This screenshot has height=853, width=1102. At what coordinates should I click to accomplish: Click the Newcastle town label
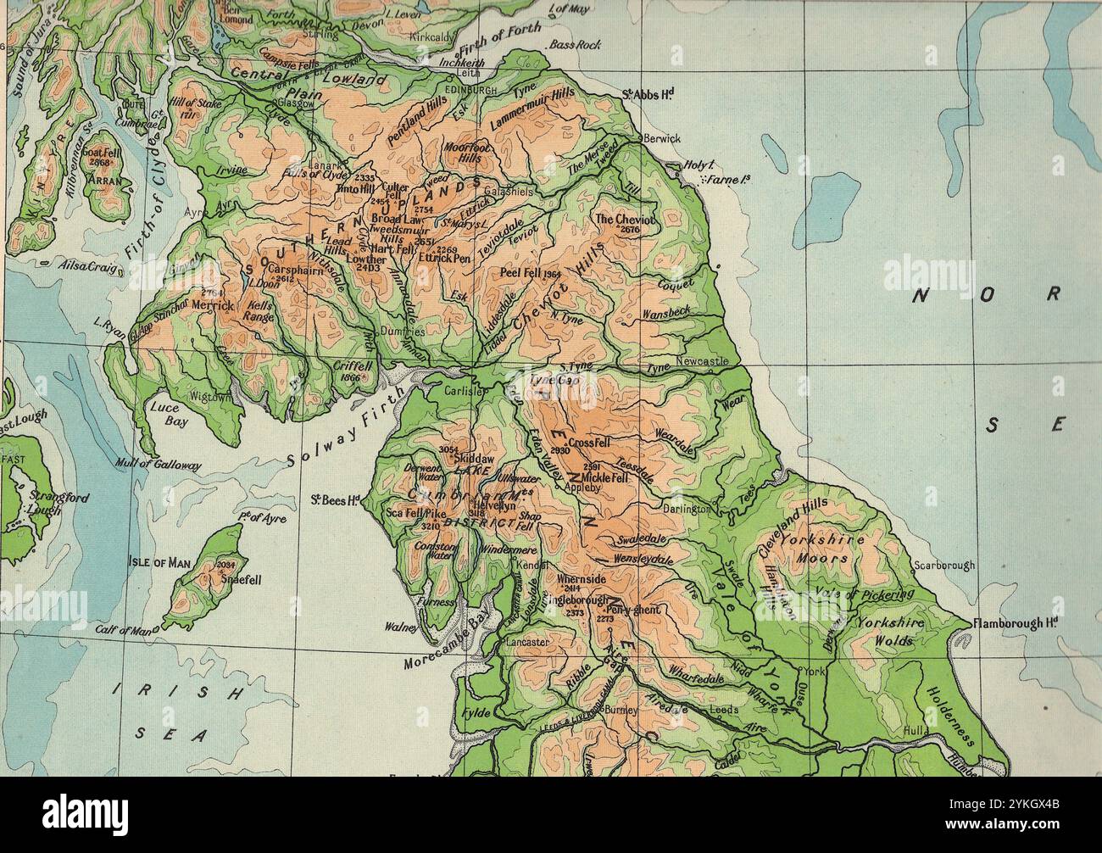[702, 361]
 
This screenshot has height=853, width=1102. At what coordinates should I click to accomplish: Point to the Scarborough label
[944, 565]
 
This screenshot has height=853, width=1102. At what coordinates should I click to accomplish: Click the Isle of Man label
[159, 562]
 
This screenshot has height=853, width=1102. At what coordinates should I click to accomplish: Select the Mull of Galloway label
[159, 465]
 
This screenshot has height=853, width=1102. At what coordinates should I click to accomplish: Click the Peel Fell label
[530, 274]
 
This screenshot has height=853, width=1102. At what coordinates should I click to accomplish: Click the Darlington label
[687, 510]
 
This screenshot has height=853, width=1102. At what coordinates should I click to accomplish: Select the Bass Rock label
[576, 44]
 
